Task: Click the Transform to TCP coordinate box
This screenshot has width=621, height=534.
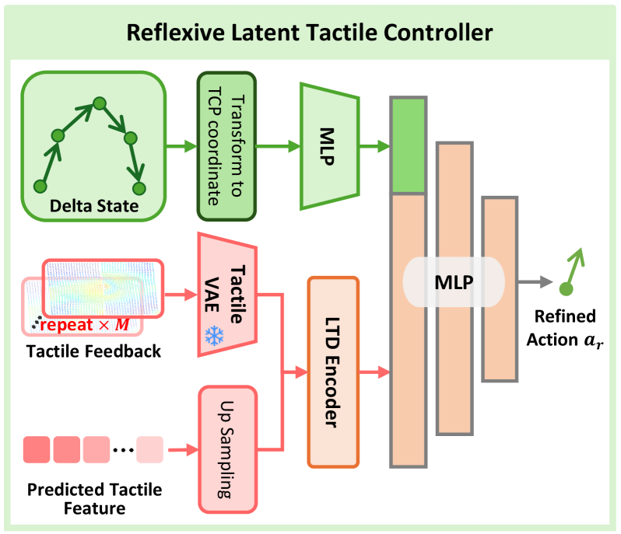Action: (x=226, y=146)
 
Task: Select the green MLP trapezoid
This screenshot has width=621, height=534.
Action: (x=329, y=146)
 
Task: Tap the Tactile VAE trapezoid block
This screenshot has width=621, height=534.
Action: (x=227, y=295)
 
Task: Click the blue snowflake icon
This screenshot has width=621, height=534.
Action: (x=214, y=336)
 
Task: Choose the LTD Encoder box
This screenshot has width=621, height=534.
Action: (x=333, y=372)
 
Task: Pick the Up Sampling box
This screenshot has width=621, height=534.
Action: (x=228, y=449)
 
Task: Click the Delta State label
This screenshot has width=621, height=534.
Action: (x=94, y=206)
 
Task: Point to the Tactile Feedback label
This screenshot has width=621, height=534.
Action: (x=93, y=351)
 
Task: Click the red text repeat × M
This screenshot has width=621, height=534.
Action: (x=85, y=325)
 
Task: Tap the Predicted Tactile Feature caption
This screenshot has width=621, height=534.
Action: (x=95, y=499)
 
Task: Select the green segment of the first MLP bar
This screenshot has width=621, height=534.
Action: (x=409, y=145)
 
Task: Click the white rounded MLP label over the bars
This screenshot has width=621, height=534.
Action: (x=454, y=282)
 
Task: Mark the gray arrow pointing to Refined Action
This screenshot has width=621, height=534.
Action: (x=535, y=282)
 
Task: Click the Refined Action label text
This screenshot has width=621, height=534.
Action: (x=565, y=328)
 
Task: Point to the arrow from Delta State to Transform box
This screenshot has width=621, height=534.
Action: (x=181, y=146)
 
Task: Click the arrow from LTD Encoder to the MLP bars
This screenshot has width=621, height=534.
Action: (x=374, y=372)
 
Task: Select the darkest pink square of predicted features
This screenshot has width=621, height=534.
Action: (x=37, y=449)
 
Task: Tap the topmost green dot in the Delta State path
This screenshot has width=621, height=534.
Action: (x=100, y=103)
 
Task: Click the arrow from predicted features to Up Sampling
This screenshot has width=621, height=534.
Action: (x=183, y=450)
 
